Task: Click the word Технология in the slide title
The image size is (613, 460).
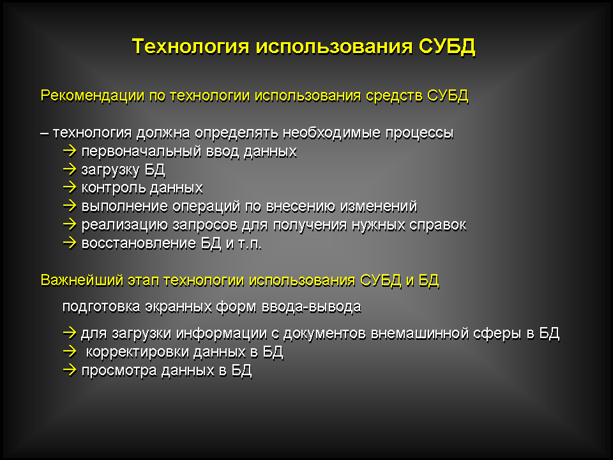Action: coord(190,46)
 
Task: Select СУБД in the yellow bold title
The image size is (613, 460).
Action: coord(447,47)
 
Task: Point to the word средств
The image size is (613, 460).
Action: coord(395,96)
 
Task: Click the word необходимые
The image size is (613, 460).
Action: coord(332,133)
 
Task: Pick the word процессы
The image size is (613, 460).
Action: coord(420,134)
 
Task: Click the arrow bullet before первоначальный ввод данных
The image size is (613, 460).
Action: coord(70,151)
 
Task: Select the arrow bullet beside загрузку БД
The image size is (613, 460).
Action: coord(70,169)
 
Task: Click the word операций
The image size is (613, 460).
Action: coord(206,206)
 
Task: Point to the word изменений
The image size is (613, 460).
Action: coord(379,206)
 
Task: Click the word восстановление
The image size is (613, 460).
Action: coord(139,243)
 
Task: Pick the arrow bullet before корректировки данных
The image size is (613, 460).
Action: coord(70,351)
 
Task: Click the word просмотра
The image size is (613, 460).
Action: coord(119,371)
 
